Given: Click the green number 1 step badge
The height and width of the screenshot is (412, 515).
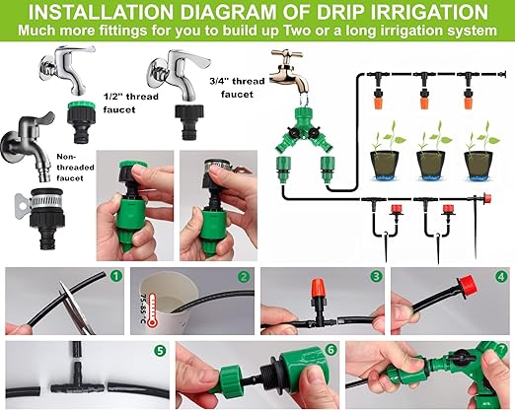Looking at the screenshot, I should pyautogui.click(x=116, y=277).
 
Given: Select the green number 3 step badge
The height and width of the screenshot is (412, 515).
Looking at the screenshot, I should pyautogui.click(x=375, y=277).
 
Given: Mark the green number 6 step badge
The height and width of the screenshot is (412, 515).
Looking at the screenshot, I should pyautogui.click(x=331, y=350).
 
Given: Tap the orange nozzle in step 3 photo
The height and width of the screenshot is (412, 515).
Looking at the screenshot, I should pyautogui.click(x=317, y=290).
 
